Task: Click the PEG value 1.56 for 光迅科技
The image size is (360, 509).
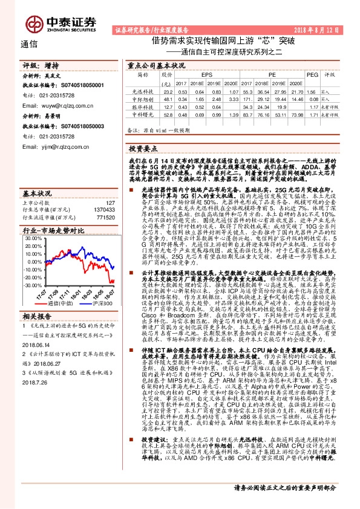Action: click(312, 91)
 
